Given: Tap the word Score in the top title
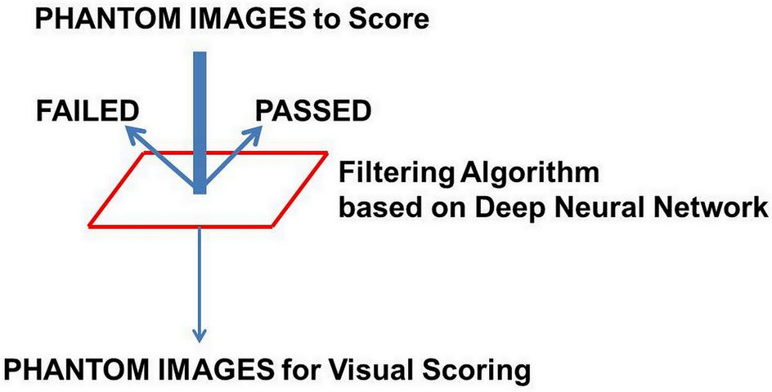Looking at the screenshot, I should (387, 19).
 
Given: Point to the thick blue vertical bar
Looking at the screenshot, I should (200, 122).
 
